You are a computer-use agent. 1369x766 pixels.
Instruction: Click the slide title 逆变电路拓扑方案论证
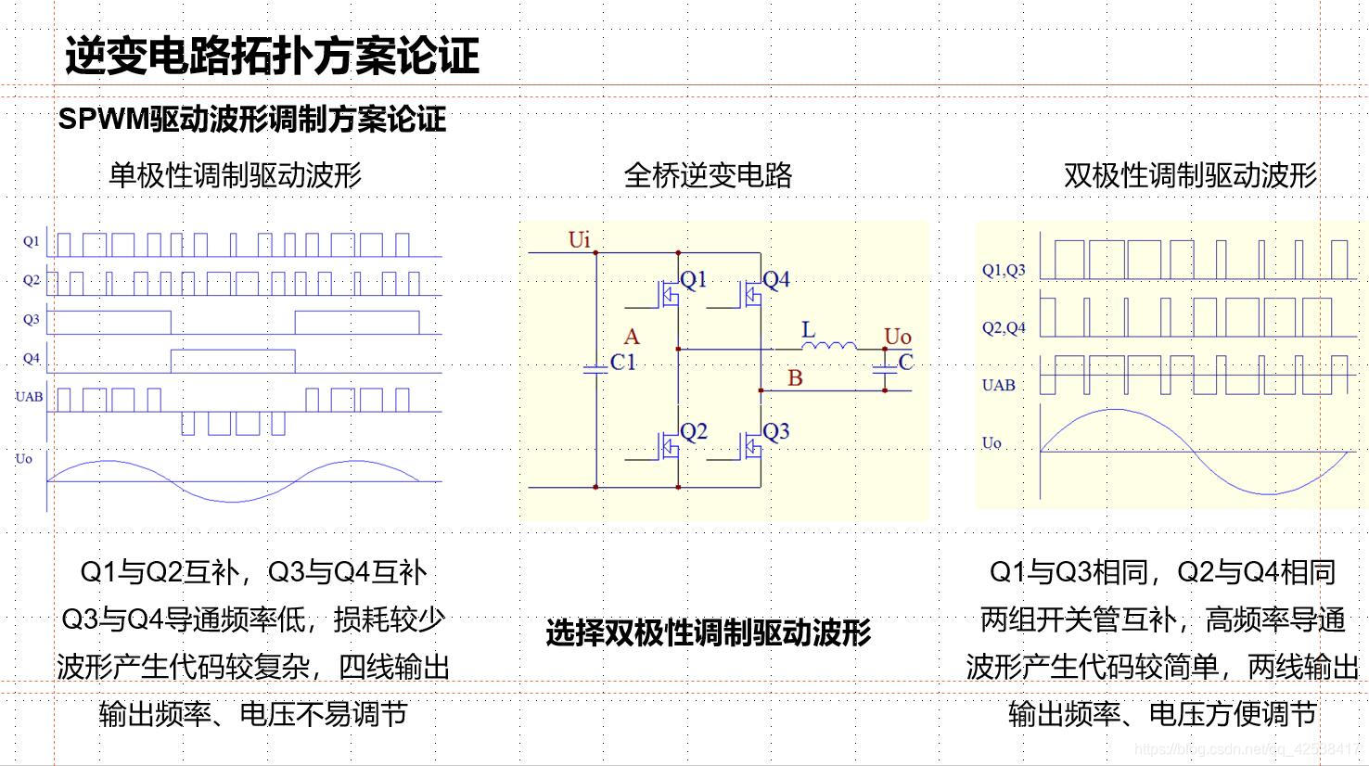pyautogui.click(x=272, y=56)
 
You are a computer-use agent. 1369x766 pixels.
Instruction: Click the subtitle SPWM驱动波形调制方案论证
pyautogui.click(x=251, y=119)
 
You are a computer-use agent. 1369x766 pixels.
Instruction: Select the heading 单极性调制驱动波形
pyautogui.click(x=235, y=174)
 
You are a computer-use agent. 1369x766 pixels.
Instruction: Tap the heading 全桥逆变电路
pyautogui.click(x=708, y=174)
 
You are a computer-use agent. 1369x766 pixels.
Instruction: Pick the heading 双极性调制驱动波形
pyautogui.click(x=1190, y=174)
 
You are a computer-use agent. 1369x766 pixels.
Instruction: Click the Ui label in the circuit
pyautogui.click(x=579, y=240)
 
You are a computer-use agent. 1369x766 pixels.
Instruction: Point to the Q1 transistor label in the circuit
pyautogui.click(x=693, y=279)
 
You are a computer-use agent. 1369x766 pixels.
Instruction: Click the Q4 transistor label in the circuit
pyautogui.click(x=775, y=279)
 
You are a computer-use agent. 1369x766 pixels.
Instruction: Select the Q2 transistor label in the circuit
pyautogui.click(x=693, y=431)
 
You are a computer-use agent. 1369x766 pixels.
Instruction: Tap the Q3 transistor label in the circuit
pyautogui.click(x=775, y=431)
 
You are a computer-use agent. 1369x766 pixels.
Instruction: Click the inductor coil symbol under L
pyautogui.click(x=829, y=347)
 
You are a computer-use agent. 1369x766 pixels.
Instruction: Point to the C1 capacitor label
pyautogui.click(x=623, y=363)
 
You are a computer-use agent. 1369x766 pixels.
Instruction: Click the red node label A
pyautogui.click(x=632, y=337)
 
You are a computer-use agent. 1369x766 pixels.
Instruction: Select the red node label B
pyautogui.click(x=795, y=377)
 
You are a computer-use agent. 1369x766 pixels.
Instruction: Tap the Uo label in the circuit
pyautogui.click(x=897, y=337)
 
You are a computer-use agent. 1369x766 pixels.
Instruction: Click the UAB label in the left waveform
pyautogui.click(x=29, y=397)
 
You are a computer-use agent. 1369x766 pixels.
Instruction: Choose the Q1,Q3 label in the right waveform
pyautogui.click(x=1004, y=270)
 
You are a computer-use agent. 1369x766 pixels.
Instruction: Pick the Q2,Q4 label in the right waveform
pyautogui.click(x=1004, y=327)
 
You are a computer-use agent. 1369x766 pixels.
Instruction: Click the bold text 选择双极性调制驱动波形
pyautogui.click(x=708, y=633)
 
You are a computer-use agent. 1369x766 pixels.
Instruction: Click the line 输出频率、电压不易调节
pyautogui.click(x=252, y=714)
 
